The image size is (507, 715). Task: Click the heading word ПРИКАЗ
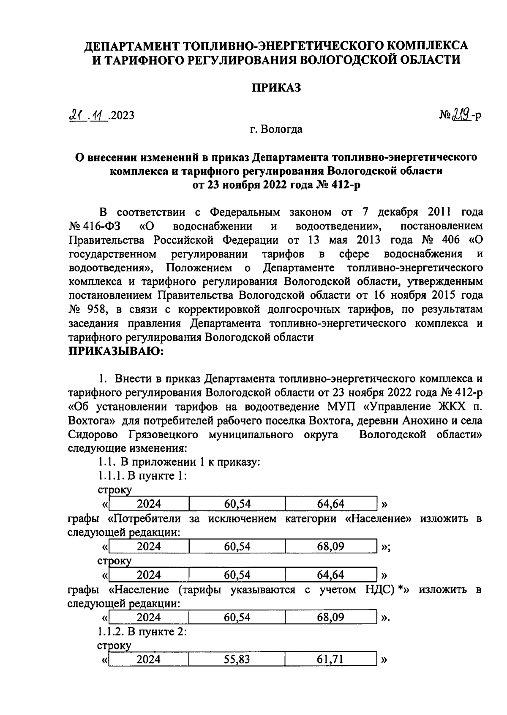[x=276, y=88]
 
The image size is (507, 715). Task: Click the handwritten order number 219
[x=462, y=114]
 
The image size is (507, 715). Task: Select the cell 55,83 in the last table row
[x=237, y=659]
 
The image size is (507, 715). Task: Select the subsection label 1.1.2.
[x=111, y=631]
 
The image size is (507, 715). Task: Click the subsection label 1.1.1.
[x=111, y=476]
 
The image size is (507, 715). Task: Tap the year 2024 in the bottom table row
[x=148, y=659]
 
